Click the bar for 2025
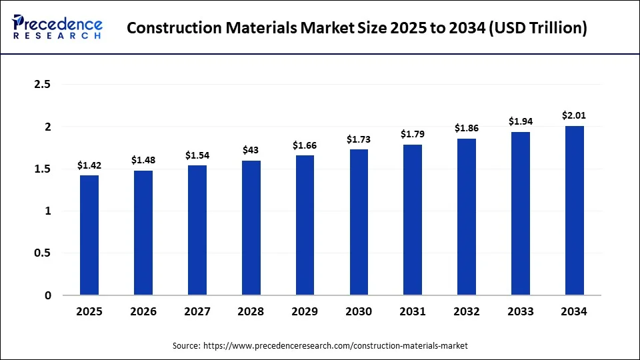coord(89,235)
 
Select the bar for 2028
coord(251,227)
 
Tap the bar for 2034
coord(574,210)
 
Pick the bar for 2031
coord(413,219)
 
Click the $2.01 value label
coord(574,115)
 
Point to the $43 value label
coord(251,150)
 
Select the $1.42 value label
coord(89,165)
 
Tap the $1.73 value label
coord(359,139)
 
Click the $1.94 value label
coord(521,121)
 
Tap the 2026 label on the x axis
coord(143,311)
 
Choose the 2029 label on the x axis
coord(305,311)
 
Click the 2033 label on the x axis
coord(521,311)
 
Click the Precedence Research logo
coord(57,28)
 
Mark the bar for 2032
coord(467,217)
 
